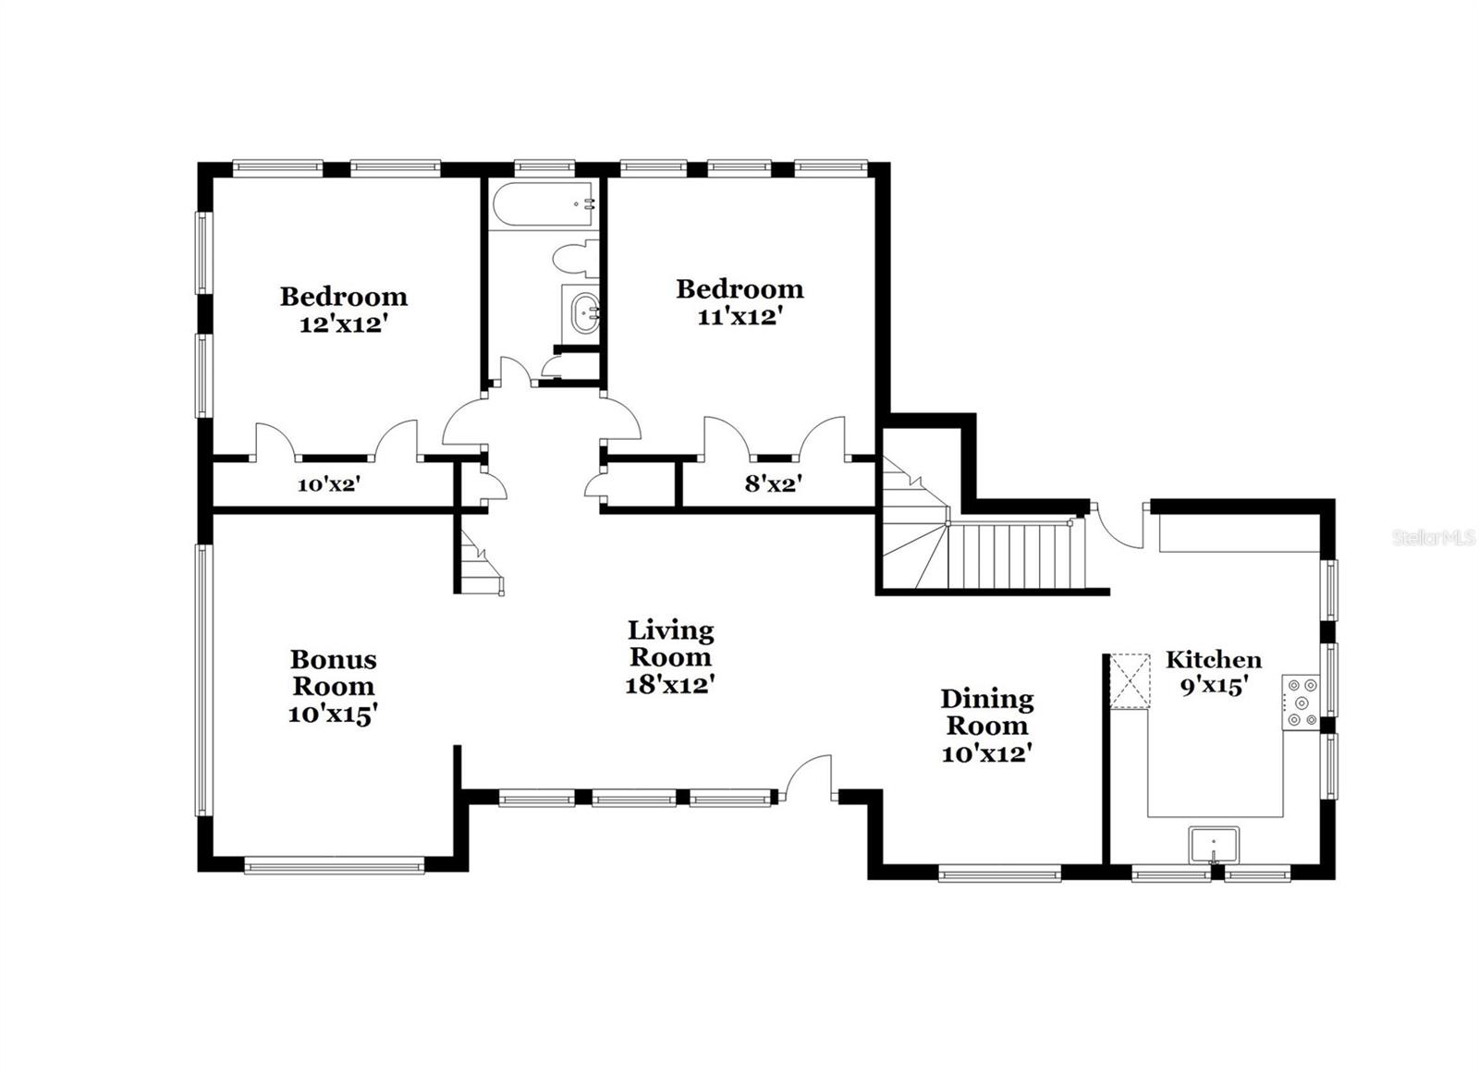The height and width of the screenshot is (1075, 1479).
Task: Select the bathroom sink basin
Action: (x=584, y=312)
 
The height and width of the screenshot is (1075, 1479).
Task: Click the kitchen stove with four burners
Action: (x=1302, y=702)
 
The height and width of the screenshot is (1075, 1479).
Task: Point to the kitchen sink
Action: (x=1214, y=845)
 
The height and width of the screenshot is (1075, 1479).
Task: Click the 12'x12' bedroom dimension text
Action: (x=342, y=324)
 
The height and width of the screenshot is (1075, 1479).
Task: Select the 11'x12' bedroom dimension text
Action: (x=739, y=317)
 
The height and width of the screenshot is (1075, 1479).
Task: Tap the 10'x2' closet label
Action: (x=328, y=483)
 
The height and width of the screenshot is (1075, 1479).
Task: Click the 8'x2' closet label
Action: (x=773, y=483)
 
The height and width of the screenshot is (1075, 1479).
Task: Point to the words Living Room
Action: (x=670, y=643)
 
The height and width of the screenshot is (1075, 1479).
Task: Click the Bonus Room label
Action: (x=333, y=673)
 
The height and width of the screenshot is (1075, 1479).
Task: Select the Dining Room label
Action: (x=986, y=712)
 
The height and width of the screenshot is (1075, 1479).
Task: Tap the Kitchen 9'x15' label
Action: (x=1213, y=672)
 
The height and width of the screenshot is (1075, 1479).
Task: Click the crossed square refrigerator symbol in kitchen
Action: (x=1129, y=681)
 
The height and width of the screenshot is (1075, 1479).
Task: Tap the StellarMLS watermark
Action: (x=1434, y=538)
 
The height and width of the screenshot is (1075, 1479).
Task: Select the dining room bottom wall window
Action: (x=999, y=873)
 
